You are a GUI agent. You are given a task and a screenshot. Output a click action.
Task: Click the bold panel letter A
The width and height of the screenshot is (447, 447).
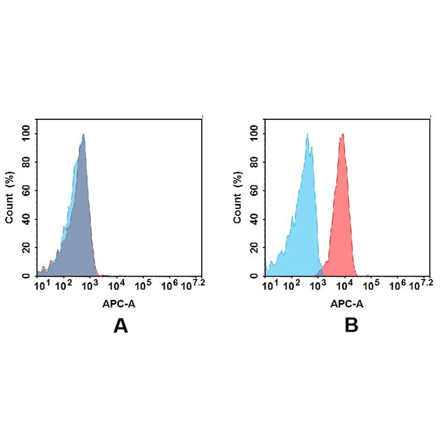(x=121, y=326)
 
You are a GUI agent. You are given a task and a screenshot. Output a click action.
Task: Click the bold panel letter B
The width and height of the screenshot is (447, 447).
(x=351, y=326)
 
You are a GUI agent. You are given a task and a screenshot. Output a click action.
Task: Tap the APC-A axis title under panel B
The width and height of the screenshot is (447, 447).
(x=347, y=304)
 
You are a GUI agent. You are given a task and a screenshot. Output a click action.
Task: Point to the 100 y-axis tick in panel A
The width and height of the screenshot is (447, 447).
(x=26, y=133)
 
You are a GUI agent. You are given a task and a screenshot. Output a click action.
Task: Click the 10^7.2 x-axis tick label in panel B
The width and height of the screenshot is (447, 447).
(x=423, y=284)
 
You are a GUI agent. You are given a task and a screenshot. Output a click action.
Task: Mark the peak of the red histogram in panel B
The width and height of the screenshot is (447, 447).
(x=342, y=135)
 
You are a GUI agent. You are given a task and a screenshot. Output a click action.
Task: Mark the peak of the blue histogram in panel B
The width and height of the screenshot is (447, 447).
(x=307, y=135)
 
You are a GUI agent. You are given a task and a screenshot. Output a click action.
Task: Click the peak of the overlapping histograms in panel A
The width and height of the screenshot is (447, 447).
(x=84, y=135)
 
